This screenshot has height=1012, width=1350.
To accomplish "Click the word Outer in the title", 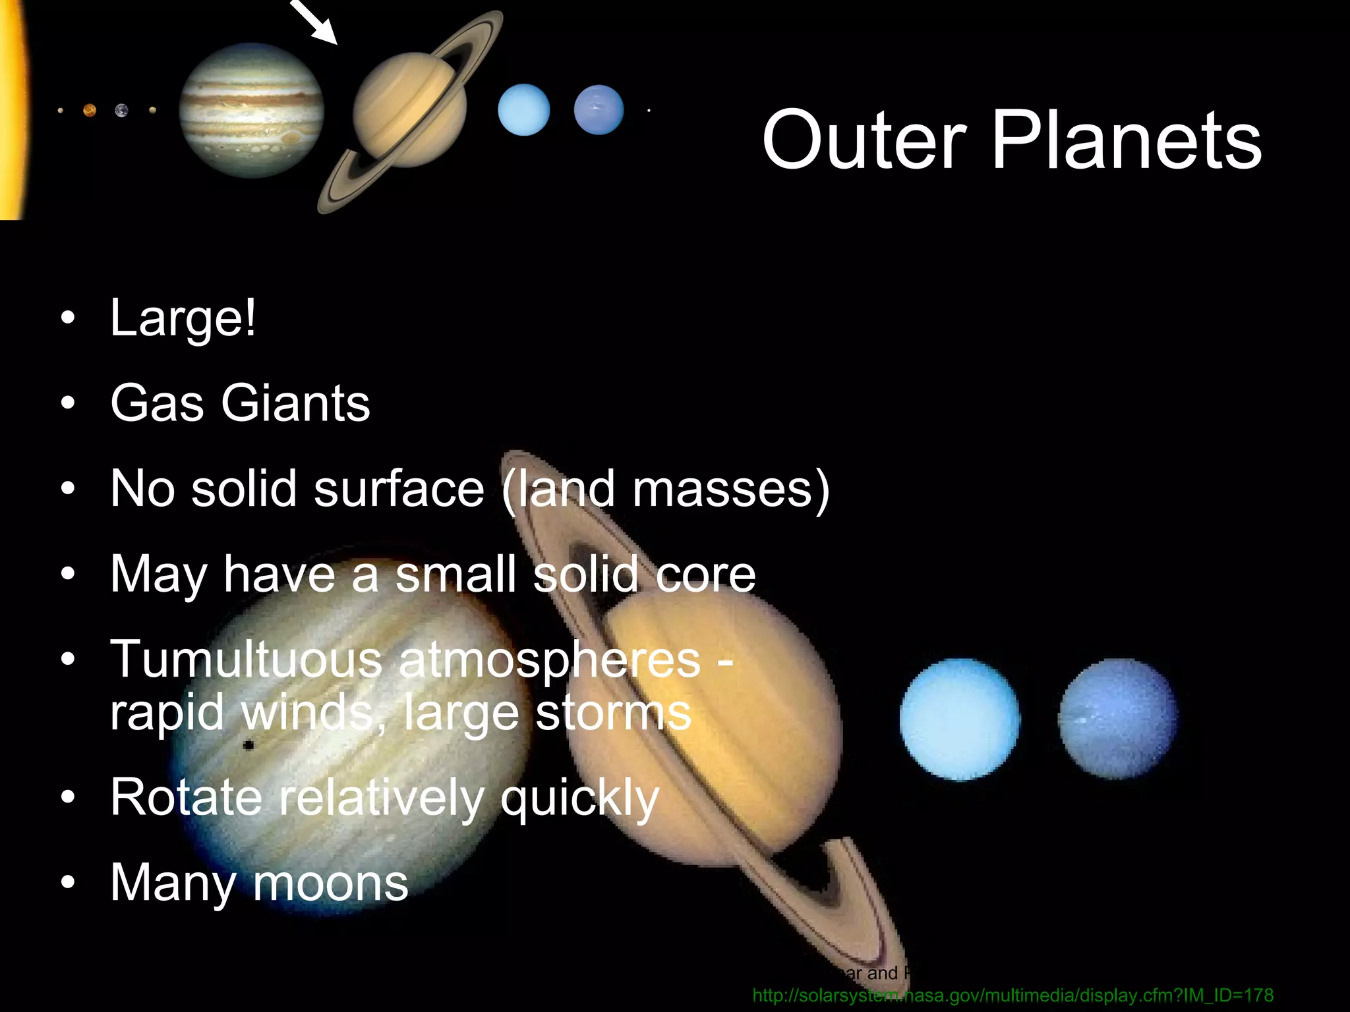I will click(x=864, y=140).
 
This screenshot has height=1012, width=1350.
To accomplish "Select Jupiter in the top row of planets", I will click(x=251, y=111).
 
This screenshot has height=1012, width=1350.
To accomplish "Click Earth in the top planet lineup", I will click(x=121, y=111).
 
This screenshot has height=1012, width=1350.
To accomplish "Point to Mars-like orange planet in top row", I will click(x=90, y=111).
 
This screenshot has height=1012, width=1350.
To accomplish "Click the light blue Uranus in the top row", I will click(x=523, y=110).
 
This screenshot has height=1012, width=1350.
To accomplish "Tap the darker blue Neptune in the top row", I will click(x=599, y=110).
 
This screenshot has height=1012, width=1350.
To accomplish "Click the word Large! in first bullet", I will click(x=183, y=319).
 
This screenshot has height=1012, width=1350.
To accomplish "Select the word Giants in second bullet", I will click(x=295, y=403).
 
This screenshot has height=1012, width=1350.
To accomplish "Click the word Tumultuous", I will click(x=246, y=660).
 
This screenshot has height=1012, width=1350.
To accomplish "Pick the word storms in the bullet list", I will click(x=613, y=713).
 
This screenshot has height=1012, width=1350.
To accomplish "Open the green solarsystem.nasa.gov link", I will click(x=1012, y=995).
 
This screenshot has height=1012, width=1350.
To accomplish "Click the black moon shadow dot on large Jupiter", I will click(x=249, y=746).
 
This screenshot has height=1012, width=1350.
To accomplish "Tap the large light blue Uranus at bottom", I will click(x=959, y=719).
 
